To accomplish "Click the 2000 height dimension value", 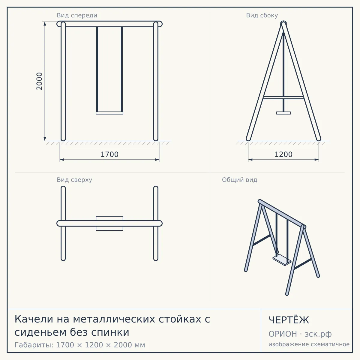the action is [x=39, y=81].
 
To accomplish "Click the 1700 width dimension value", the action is [x=109, y=154].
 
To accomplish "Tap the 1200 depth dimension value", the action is [x=283, y=154].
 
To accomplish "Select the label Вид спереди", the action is [x=77, y=15].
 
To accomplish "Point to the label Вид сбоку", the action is [x=262, y=15].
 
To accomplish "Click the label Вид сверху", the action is [x=74, y=180].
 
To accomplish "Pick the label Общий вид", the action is [x=239, y=180].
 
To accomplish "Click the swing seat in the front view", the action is [x=109, y=113].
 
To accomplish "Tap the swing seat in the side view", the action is [x=283, y=113].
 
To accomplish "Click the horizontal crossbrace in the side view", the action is [x=283, y=97].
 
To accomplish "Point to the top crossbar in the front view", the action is [x=109, y=24].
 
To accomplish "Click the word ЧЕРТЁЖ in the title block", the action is [x=289, y=320].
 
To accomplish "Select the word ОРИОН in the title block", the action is [x=283, y=334].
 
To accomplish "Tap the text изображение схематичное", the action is [x=309, y=344].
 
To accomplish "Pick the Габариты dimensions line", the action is [x=80, y=345].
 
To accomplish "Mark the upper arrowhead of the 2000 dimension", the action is [x=45, y=23].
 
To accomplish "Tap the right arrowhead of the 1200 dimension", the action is [x=317, y=160].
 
